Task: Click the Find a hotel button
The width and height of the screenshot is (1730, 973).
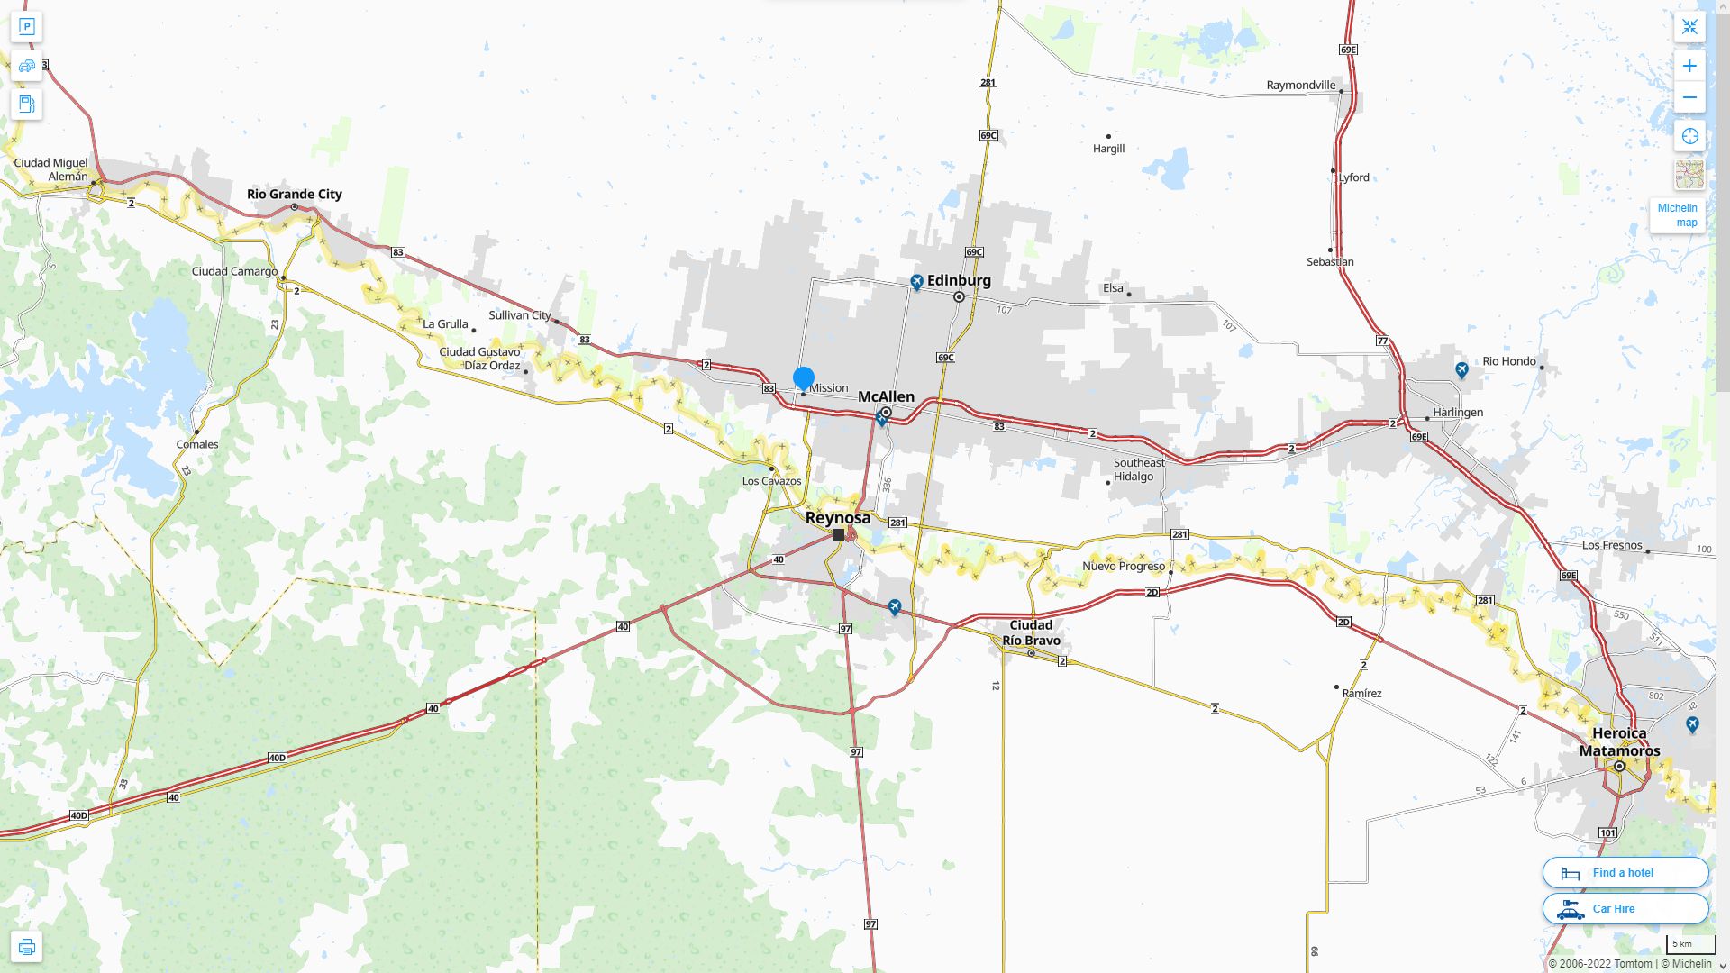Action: coord(1625,873)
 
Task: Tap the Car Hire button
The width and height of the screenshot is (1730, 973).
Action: coord(1625,909)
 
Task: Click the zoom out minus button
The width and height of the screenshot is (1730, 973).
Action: coord(1689,97)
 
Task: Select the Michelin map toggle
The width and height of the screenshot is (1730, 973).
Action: coord(1677,215)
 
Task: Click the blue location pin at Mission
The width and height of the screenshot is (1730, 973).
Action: coord(804,379)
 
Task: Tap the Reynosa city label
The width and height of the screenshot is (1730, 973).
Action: coord(838,518)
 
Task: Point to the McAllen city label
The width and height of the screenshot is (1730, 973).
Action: coord(886,396)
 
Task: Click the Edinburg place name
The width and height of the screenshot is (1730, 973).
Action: coord(959,280)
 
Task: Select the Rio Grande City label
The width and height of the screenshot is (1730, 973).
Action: coord(295,194)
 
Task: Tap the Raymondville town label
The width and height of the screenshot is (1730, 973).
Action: coord(1301,86)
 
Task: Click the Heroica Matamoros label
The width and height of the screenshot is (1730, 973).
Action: coord(1619,742)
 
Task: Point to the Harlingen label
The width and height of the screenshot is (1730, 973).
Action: coord(1458,413)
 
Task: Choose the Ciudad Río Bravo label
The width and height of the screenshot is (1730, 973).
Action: coord(1031,632)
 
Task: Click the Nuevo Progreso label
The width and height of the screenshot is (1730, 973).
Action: coord(1124,566)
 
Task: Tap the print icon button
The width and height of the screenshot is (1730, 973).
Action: coord(26,947)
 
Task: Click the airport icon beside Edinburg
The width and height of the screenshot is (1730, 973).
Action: coord(916,283)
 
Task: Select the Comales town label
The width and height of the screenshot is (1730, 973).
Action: coord(197,444)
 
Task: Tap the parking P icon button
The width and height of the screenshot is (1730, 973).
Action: coord(26,26)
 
